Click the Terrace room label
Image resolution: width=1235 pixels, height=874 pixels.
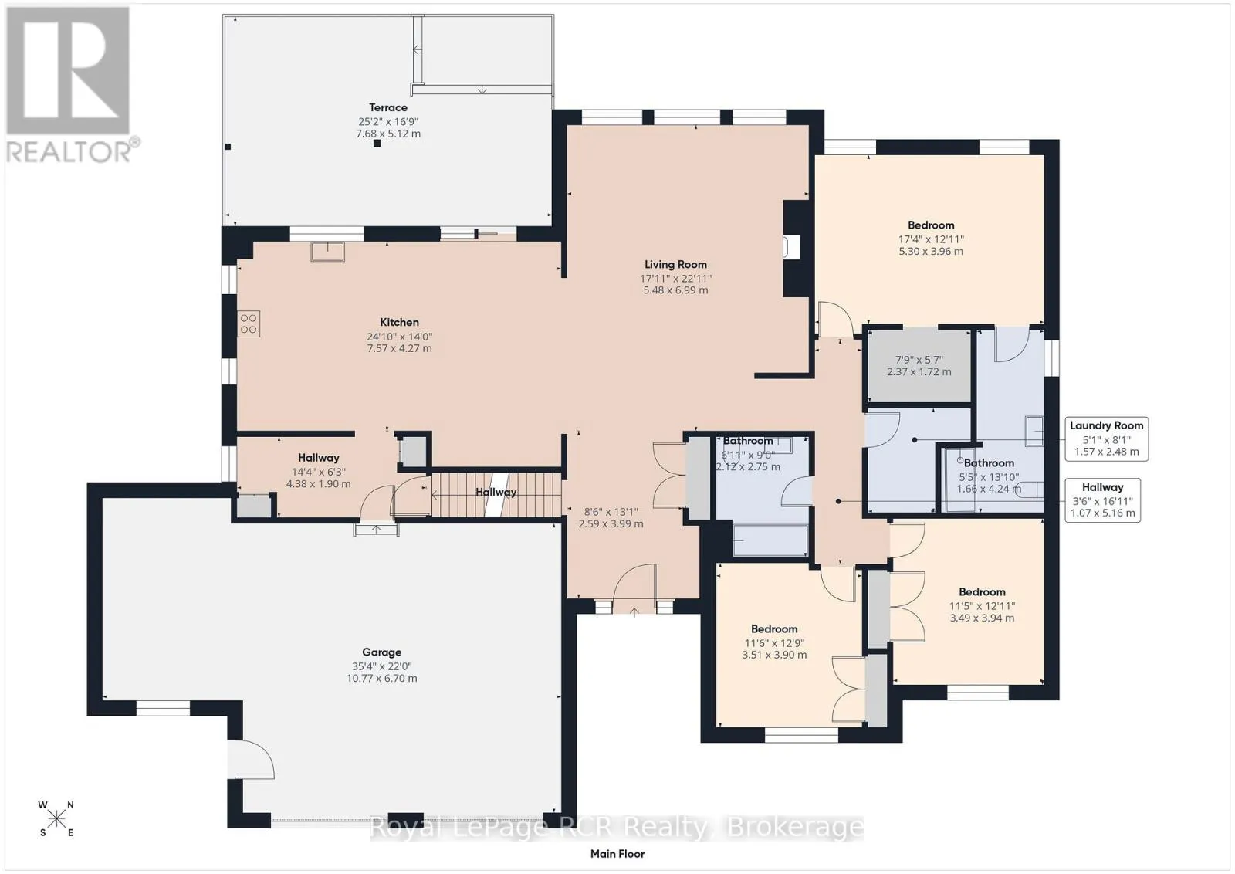pos(388,107)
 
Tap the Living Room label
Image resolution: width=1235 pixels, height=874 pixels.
pos(675,265)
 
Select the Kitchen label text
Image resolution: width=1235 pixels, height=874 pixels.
pos(399,322)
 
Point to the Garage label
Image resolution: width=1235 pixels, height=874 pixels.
pos(381,652)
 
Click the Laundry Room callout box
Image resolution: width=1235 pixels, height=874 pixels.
pos(1107,439)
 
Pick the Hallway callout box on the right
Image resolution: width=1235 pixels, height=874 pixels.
pos(1103,500)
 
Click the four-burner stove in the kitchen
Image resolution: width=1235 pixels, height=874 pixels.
pos(249,324)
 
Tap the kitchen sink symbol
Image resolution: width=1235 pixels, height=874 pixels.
pos(327,252)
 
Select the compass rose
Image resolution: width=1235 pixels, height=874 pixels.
pos(56,818)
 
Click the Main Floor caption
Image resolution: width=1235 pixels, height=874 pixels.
pos(617,854)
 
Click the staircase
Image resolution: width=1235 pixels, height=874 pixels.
pos(496,494)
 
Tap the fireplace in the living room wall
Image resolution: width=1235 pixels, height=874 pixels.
pos(792,246)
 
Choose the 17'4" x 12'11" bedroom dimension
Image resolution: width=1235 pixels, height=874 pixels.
pos(931,239)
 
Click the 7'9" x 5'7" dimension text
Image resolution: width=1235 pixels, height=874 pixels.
pos(919,360)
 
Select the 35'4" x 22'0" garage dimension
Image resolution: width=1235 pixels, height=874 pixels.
pos(381,666)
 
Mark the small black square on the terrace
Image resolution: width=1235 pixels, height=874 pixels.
pos(377,144)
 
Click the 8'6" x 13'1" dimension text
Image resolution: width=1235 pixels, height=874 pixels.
pos(611,512)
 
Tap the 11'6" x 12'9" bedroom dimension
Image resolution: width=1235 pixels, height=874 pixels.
pos(774,643)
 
